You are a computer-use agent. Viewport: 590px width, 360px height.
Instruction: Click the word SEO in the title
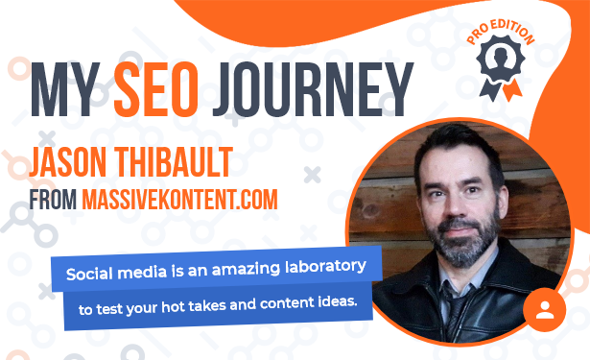coord(156,89)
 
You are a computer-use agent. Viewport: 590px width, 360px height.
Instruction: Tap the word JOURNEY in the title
coord(313,89)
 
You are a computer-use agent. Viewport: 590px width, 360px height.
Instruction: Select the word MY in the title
coord(65,89)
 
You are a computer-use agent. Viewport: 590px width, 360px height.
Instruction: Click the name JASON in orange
coord(68,162)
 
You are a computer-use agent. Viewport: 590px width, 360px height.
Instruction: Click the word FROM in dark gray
coord(53,200)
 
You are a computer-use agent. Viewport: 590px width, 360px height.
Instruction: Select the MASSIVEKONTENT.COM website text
coord(179,200)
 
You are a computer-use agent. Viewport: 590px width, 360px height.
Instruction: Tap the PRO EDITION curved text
coord(501,32)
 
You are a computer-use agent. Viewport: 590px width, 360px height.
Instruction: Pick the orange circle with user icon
coord(545,309)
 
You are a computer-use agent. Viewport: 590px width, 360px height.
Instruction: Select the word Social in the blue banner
coord(89,274)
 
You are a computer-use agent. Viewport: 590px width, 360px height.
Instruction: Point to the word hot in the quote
coord(173,307)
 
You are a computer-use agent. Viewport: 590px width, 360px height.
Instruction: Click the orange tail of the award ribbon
coord(512,90)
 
